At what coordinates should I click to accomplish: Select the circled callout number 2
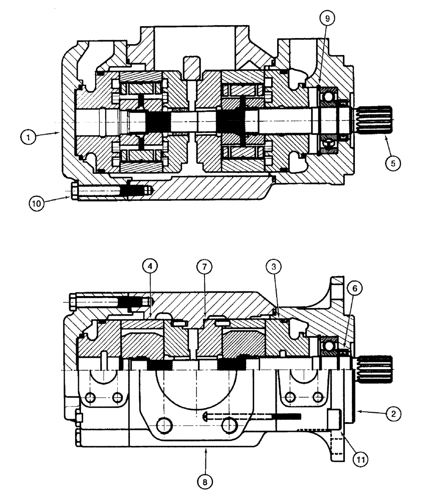point(394,414)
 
